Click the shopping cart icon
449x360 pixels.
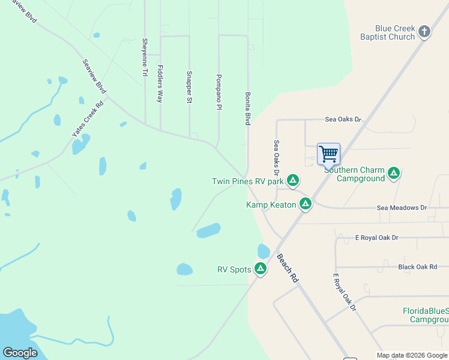328,154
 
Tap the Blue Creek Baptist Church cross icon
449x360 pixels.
424,32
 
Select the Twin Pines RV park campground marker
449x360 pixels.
292,181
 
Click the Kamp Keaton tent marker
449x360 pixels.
306,205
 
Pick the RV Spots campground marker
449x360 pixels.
261,269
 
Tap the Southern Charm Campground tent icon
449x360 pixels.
394,174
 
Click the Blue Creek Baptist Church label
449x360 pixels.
395,32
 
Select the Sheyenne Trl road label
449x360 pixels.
145,58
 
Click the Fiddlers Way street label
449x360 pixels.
160,83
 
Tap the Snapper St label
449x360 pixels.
188,88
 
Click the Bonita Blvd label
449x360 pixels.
247,108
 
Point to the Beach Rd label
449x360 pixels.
288,268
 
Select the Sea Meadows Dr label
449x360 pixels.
402,208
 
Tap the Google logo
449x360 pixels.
20,353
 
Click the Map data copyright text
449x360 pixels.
412,355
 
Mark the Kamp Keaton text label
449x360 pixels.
271,205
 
